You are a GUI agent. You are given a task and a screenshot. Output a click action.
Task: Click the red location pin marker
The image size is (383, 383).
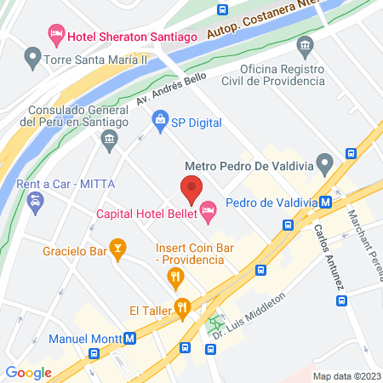pyautogui.click(x=191, y=188)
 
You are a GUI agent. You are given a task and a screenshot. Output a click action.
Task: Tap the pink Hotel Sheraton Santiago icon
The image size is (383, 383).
pyautogui.click(x=56, y=34)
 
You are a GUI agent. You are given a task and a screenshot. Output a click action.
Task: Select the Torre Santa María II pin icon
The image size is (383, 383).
pyautogui.click(x=33, y=59)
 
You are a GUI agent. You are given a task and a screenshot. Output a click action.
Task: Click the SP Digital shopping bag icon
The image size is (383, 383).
pyautogui.click(x=159, y=122)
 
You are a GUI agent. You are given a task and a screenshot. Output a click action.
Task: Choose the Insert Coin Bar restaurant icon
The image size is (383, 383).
pyautogui.click(x=175, y=275)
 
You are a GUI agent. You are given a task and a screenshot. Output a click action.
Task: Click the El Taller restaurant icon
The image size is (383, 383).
pyautogui.click(x=181, y=306)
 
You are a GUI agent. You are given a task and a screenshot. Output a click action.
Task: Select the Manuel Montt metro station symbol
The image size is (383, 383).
pyautogui.click(x=129, y=337)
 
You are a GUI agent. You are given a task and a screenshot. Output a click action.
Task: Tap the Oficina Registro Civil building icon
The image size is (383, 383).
pyautogui.click(x=305, y=44)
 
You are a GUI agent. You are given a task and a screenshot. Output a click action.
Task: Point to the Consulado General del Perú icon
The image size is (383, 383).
pyautogui.click(x=108, y=143)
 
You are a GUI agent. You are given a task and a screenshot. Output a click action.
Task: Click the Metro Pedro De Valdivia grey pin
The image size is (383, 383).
pyautogui.click(x=323, y=162)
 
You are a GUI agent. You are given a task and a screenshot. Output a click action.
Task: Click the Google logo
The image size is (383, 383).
pyautogui.click(x=29, y=372)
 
